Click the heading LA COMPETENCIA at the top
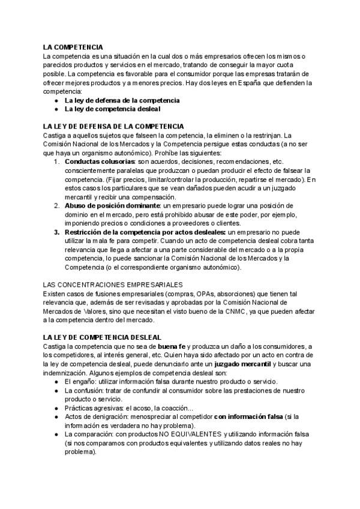point(73,47)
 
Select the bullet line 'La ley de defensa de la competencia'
point(122,101)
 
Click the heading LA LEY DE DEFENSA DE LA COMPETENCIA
point(113,127)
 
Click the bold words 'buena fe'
point(172,347)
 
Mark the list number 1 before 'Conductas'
point(56,162)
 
